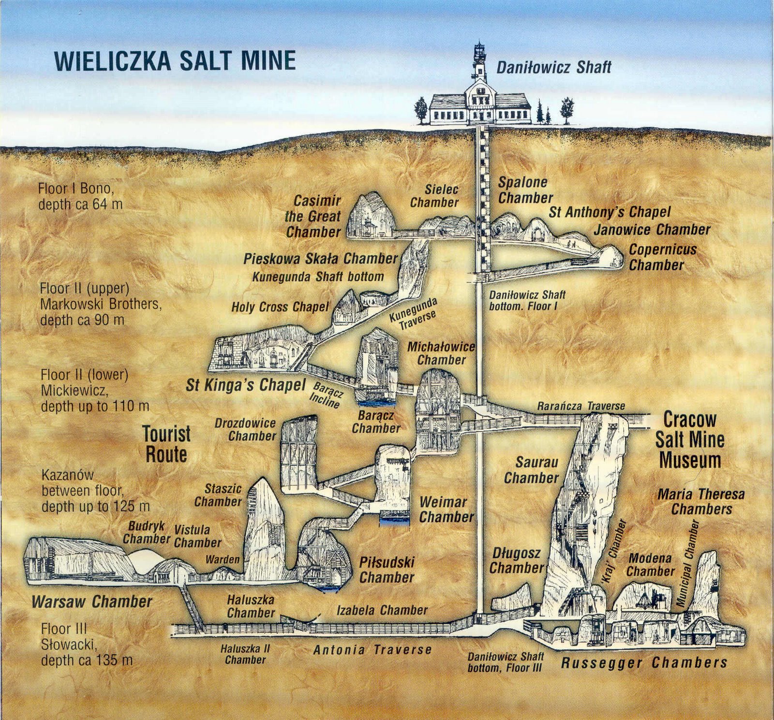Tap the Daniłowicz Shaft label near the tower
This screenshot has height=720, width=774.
coord(554,67)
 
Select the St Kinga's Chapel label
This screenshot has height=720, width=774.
coord(246,385)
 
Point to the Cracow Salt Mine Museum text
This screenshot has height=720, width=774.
coord(690,440)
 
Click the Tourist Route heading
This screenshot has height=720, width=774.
coord(166,444)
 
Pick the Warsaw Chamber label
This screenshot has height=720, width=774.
coord(92,602)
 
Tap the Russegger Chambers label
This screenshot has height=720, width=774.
coord(644,662)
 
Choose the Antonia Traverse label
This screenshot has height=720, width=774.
coord(372,649)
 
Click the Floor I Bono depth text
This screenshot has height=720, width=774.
coord(80,196)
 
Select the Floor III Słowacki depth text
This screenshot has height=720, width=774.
coord(87,645)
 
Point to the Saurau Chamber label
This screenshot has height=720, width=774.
coord(531,470)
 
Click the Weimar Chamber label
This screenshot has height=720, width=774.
coord(446,509)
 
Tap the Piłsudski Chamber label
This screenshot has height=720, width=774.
coord(387,570)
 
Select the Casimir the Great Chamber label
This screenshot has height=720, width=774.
coord(313,216)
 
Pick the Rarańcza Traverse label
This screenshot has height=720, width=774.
coord(580,407)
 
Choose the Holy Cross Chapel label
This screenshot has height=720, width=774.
coord(280,307)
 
